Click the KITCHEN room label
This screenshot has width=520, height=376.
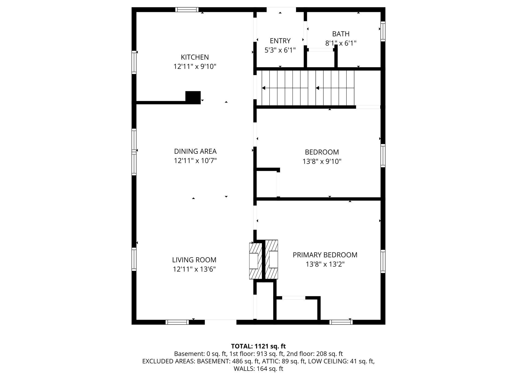(195, 57)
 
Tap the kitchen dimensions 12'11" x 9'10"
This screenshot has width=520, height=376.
(195, 66)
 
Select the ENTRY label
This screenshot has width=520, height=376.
(280, 41)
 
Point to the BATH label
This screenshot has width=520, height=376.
(341, 34)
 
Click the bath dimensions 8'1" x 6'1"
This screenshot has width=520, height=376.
(341, 43)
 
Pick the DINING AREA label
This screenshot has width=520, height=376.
(195, 151)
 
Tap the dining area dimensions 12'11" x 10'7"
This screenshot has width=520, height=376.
(195, 161)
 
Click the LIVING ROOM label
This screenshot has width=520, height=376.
(194, 260)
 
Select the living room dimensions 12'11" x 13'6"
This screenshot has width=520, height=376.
(194, 269)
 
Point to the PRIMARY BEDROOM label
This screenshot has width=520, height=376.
(325, 255)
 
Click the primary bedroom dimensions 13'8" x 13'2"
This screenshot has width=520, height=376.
(325, 264)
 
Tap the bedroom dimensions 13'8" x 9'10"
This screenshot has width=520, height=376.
(322, 161)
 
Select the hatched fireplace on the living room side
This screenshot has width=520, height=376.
(255, 261)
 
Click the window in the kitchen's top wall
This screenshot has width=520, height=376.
(187, 10)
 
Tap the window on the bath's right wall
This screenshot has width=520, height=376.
(383, 31)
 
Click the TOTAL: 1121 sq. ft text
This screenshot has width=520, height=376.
(258, 346)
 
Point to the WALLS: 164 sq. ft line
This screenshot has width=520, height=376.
(258, 369)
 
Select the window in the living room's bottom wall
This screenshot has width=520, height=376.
(177, 322)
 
